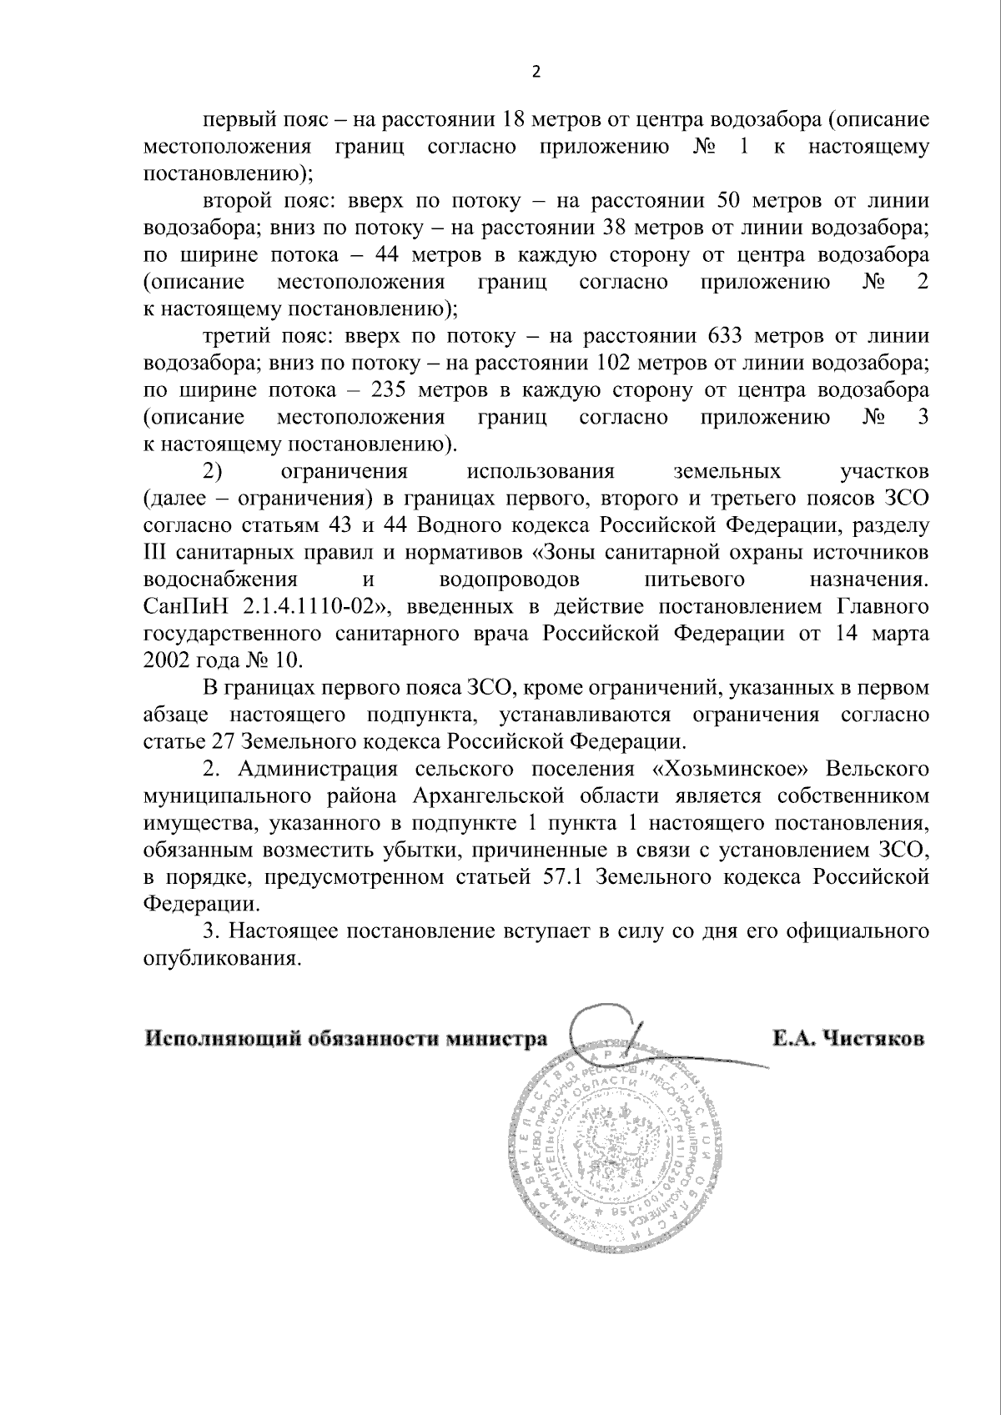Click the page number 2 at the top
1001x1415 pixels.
pos(536,72)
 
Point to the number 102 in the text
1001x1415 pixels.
pos(616,364)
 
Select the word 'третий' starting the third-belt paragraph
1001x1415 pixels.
pos(229,336)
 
